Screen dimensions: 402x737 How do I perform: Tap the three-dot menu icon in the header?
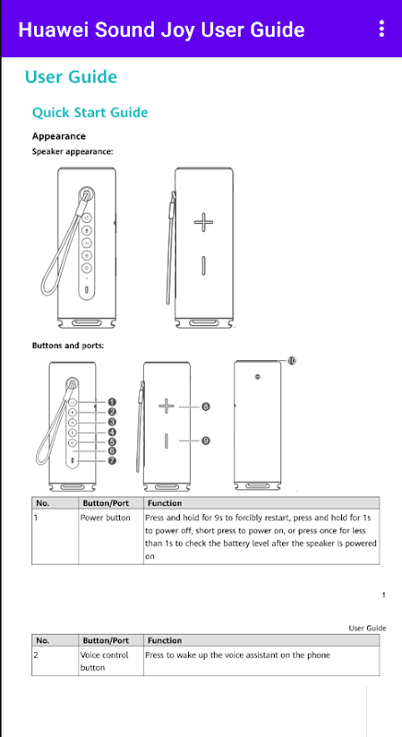click(382, 29)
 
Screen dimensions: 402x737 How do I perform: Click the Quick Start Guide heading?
click(89, 112)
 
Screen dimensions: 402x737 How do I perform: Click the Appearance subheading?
click(59, 136)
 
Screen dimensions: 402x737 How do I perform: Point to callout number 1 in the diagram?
click(112, 402)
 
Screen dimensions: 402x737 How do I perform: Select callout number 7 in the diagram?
click(112, 461)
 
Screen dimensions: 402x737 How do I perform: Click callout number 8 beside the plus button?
click(206, 406)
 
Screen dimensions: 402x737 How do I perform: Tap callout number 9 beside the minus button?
click(206, 440)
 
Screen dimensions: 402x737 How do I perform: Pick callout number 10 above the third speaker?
click(291, 360)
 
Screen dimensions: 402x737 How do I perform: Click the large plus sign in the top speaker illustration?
click(203, 222)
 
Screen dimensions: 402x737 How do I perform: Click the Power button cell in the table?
click(105, 518)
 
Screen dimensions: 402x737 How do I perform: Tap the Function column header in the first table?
click(164, 503)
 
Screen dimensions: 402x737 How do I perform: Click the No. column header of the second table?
click(42, 640)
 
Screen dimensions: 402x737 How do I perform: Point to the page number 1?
click(384, 595)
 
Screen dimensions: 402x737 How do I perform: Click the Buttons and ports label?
click(67, 345)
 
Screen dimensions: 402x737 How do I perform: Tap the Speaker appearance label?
click(73, 151)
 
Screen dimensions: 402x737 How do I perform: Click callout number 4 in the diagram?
click(112, 432)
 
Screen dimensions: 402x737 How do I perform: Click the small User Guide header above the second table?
click(367, 628)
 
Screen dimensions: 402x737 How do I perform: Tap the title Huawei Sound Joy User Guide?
click(161, 29)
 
